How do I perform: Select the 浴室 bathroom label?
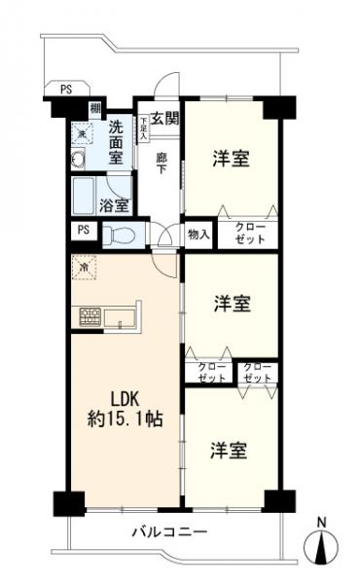coord(114,204)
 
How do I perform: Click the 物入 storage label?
coord(198,235)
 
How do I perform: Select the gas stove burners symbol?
coord(90,316)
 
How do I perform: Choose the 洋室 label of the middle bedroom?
coord(232,304)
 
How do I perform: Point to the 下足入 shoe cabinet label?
coord(144,129)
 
